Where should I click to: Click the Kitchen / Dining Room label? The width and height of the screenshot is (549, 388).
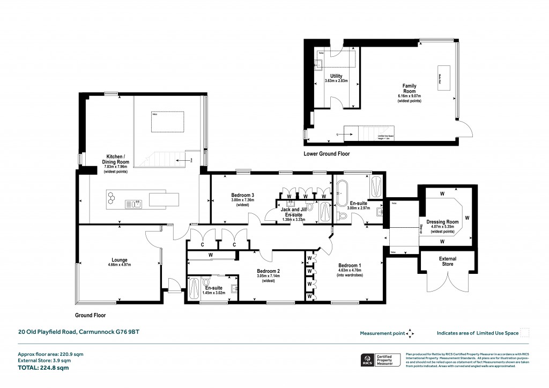click(116, 159)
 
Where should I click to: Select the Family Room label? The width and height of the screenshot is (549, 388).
click(410, 88)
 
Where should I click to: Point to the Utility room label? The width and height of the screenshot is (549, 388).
click(336, 77)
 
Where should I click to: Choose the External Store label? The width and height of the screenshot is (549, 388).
click(447, 262)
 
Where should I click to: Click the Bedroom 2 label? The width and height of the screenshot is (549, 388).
click(269, 271)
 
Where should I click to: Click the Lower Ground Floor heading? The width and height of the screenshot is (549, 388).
click(327, 154)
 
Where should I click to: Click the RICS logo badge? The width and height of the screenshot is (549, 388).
click(368, 360)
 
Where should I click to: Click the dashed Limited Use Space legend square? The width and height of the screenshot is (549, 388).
click(525, 333)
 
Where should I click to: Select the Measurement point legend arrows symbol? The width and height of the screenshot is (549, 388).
click(411, 333)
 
